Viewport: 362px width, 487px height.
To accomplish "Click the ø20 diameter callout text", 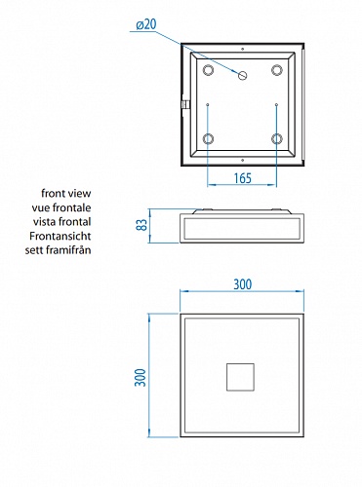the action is (146, 24).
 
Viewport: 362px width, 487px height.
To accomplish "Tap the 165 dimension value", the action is (243, 178).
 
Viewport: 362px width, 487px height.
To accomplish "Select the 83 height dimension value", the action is (141, 225).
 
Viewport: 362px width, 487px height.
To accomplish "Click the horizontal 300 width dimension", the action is (243, 284).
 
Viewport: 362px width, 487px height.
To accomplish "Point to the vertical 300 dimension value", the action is (141, 377).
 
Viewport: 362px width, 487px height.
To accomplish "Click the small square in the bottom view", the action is (240, 377).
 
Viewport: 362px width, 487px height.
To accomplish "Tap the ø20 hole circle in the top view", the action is (243, 76).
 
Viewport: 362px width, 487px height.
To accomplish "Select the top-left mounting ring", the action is (208, 70).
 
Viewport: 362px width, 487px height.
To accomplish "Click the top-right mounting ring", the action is (277, 70).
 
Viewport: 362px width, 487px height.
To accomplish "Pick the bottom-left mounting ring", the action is (208, 139).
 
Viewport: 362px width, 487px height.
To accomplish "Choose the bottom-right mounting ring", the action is (277, 139).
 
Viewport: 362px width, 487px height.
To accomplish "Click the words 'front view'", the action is (66, 193).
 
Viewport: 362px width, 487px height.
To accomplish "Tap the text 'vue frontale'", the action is (61, 207).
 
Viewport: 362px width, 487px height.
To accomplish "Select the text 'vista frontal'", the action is (61, 222).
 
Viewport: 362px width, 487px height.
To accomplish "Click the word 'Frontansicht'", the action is (60, 236).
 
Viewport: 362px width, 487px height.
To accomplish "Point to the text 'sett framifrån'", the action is (59, 250).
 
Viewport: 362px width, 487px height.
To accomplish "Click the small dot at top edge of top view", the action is (243, 49).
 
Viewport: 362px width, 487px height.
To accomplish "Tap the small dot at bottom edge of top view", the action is (243, 160).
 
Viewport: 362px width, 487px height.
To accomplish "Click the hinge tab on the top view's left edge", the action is (184, 105).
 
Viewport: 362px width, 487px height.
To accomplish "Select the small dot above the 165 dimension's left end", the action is (208, 104).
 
